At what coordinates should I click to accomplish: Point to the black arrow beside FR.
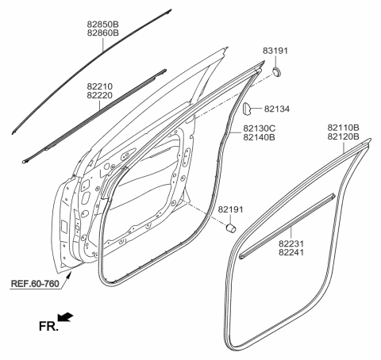pyautogui.click(x=71, y=317)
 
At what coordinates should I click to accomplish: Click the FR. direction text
pyautogui.click(x=48, y=325)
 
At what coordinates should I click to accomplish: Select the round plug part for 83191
pyautogui.click(x=278, y=73)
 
